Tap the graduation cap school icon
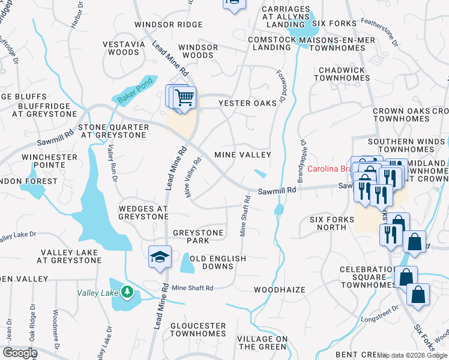pos(160,256)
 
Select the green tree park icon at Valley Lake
pos(127,292)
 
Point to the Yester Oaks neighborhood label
pos(247,103)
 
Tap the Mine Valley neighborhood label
pos(243,155)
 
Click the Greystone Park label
pos(198,236)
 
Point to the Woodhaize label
pos(279,290)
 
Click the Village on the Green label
pos(262,343)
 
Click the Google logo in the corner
pos(19,353)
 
